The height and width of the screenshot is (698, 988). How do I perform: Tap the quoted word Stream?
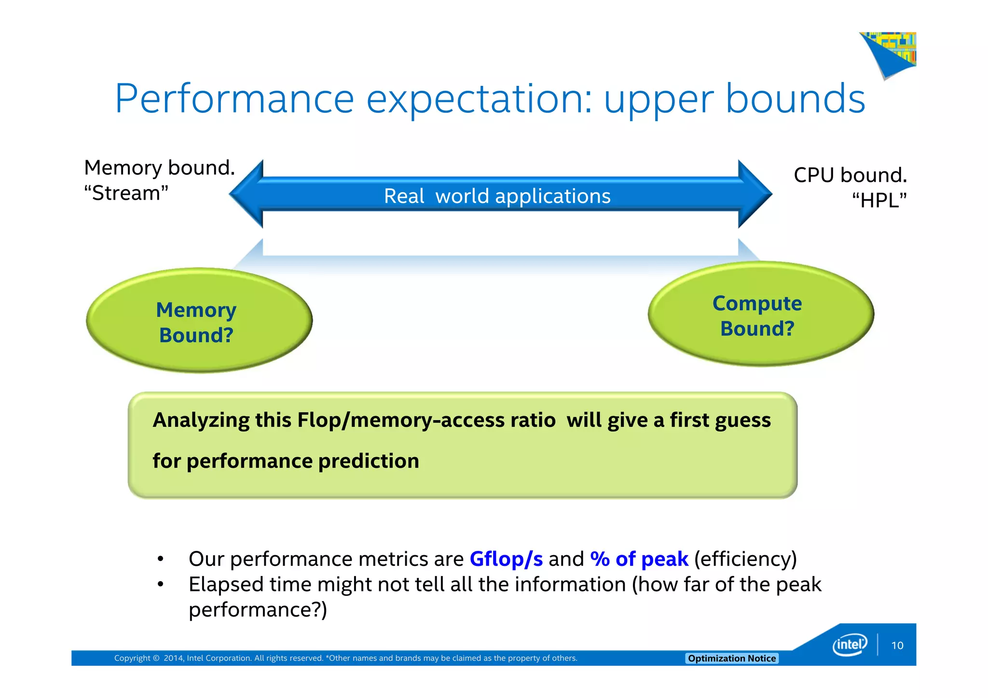[x=126, y=193]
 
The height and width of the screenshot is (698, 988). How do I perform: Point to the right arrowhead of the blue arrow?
[x=755, y=194]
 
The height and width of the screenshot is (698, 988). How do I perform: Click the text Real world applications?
[x=497, y=196]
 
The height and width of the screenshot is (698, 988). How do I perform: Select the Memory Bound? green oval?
[x=199, y=321]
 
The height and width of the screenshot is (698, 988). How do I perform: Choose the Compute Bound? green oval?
[x=760, y=315]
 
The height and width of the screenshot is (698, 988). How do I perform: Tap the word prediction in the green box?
[x=369, y=461]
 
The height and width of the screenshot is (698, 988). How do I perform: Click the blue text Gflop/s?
[x=506, y=559]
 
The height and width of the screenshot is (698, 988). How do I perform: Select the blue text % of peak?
[x=639, y=559]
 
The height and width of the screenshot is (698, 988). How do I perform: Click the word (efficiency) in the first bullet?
[x=745, y=559]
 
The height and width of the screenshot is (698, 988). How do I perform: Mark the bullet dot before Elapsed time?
[x=161, y=585]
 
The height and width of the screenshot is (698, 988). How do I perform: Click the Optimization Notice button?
[x=731, y=658]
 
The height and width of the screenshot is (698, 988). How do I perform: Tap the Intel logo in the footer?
[x=850, y=644]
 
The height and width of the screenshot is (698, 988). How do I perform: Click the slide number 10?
[x=897, y=645]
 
